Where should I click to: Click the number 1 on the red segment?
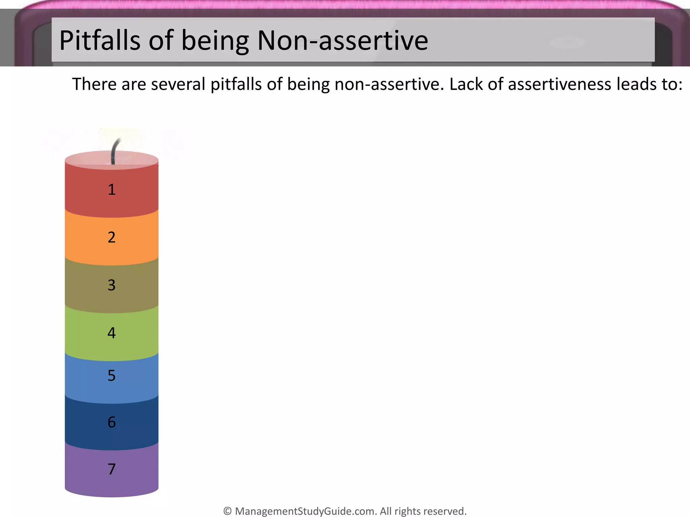pyautogui.click(x=112, y=189)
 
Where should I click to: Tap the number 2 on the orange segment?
pyautogui.click(x=112, y=237)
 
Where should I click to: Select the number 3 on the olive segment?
pyautogui.click(x=112, y=285)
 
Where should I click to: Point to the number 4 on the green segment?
pyautogui.click(x=112, y=333)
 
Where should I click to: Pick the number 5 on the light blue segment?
pyautogui.click(x=112, y=375)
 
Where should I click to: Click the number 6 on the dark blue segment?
pyautogui.click(x=112, y=422)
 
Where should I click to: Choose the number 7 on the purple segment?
pyautogui.click(x=112, y=469)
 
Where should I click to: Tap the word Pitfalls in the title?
pyautogui.click(x=100, y=40)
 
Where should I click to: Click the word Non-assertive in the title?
pyautogui.click(x=342, y=40)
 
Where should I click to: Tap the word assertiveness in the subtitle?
pyautogui.click(x=559, y=84)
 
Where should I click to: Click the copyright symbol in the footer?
pyautogui.click(x=227, y=511)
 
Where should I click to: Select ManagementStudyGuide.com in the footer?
pyautogui.click(x=306, y=511)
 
